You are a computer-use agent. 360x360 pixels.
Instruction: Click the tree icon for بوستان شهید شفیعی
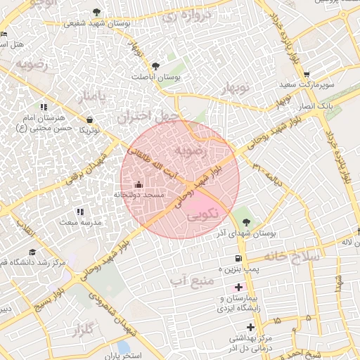tap(96, 12)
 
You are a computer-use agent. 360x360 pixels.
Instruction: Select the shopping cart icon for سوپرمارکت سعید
tap(307, 74)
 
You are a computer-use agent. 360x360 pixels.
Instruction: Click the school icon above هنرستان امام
tap(44, 107)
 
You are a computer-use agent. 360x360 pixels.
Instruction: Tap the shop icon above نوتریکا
tap(89, 120)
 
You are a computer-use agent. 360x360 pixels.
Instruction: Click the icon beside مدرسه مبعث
tap(79, 211)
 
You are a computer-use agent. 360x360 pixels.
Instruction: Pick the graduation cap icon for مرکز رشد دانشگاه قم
tap(32, 251)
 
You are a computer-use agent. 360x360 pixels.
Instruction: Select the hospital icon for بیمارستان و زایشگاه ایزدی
tap(239, 287)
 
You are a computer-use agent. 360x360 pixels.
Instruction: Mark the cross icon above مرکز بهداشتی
tap(250, 327)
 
